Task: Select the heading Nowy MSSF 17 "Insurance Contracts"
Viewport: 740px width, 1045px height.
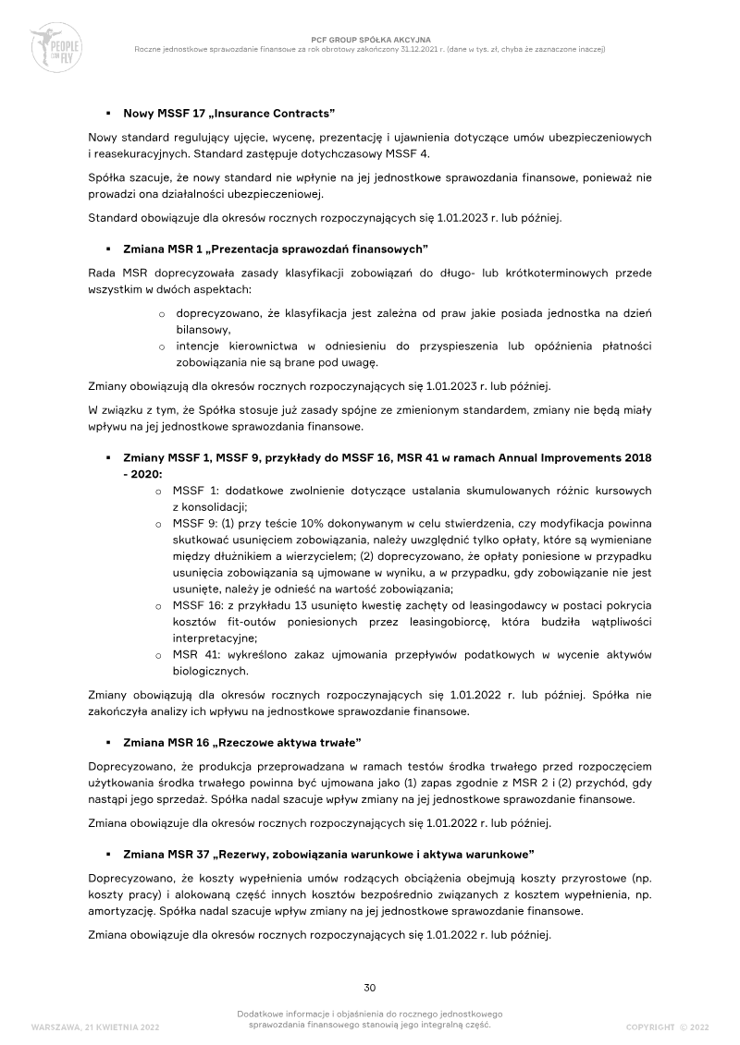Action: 228,113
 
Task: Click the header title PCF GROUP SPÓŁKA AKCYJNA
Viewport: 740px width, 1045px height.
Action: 369,40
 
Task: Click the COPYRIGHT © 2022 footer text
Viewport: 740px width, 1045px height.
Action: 667,1027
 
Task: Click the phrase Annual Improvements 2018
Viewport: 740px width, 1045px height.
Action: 565,458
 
